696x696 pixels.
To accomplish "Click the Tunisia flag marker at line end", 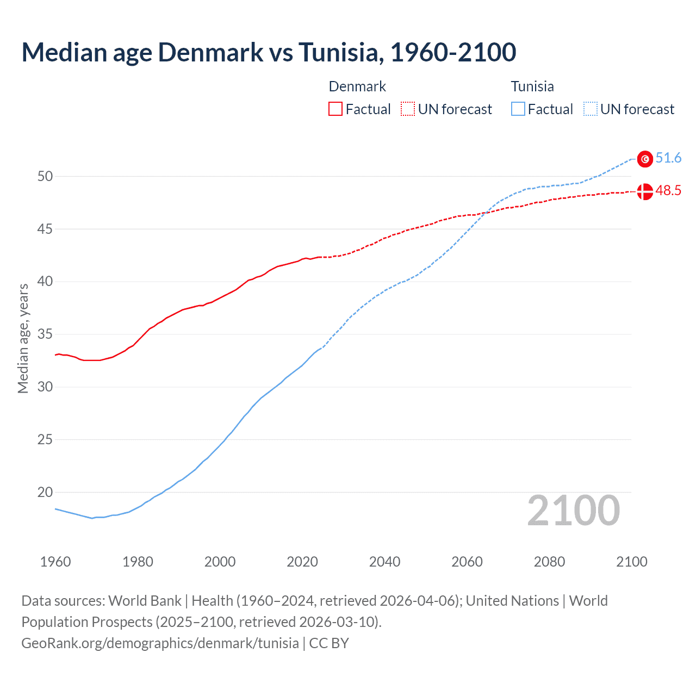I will click(x=645, y=159).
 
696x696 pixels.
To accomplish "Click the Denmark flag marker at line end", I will click(x=645, y=191).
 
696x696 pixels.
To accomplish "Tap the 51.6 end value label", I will click(x=668, y=158).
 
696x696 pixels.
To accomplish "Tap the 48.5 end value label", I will click(x=668, y=191).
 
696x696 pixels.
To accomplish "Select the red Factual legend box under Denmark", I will click(x=335, y=109).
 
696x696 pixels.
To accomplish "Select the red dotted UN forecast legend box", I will click(x=408, y=109).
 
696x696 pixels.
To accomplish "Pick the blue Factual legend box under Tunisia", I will click(x=518, y=109).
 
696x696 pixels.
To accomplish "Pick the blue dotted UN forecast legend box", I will click(x=591, y=109).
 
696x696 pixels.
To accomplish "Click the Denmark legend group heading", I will click(x=357, y=86).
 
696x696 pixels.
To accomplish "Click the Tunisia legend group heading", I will click(x=532, y=86).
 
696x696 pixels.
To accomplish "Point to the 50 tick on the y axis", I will click(x=45, y=176).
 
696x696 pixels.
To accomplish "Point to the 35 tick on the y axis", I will click(x=45, y=334).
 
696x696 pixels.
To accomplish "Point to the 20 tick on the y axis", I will click(x=45, y=493).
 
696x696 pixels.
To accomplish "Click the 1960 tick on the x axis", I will click(x=55, y=562).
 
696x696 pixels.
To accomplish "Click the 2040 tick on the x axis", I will click(x=385, y=562).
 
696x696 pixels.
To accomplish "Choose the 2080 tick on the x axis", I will click(x=549, y=562).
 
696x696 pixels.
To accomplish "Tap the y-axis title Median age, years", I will click(x=23, y=338).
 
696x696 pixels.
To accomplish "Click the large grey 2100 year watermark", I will click(x=574, y=511).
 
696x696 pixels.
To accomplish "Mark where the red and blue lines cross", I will click(x=486, y=213).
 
